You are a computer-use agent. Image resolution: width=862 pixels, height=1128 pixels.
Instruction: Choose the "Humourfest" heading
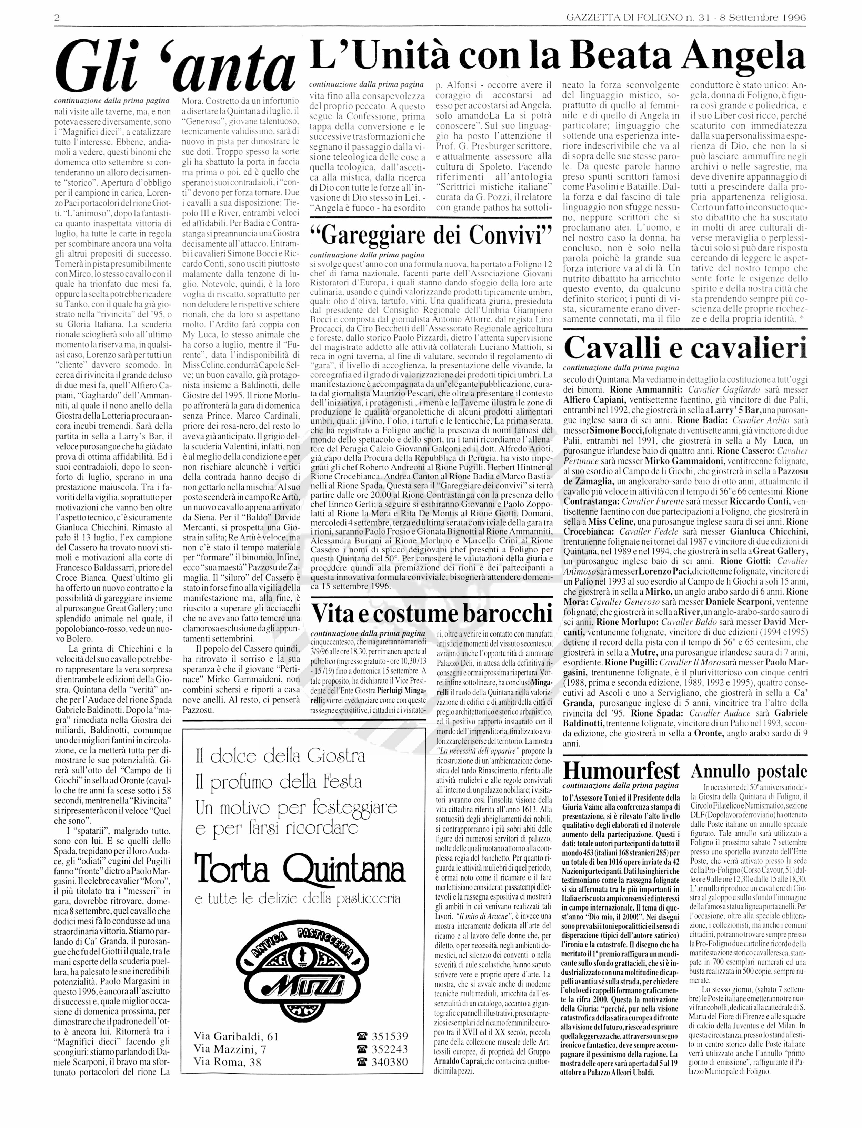click(621, 770)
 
